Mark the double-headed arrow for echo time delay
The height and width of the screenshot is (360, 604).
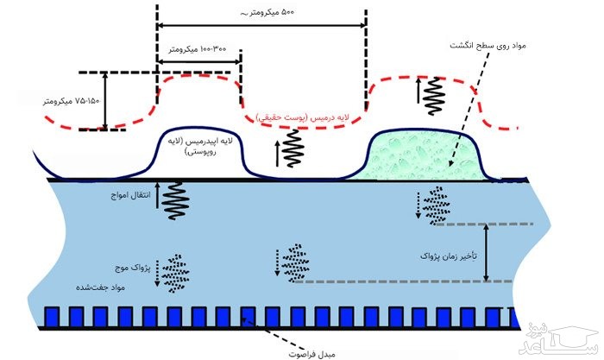tap(487, 252)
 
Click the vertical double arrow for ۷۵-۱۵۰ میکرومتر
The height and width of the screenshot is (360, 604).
tap(104, 101)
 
